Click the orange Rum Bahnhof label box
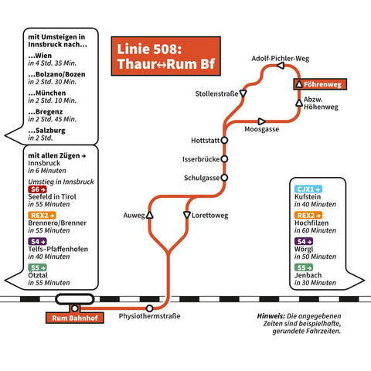click(75, 318)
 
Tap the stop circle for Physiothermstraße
click(149, 308)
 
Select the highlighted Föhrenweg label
click(320, 84)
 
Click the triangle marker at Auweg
click(149, 215)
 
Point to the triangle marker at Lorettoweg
click(187, 215)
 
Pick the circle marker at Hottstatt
click(224, 141)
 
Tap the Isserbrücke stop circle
click(224, 159)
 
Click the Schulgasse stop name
click(202, 178)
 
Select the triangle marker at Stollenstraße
click(243, 94)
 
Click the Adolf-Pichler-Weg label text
click(281, 59)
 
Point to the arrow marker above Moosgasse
click(261, 121)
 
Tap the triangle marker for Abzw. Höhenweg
click(299, 103)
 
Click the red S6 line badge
click(37, 189)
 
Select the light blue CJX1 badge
click(308, 189)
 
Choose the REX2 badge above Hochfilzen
click(308, 216)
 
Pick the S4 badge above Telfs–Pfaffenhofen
click(37, 241)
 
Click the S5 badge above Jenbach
click(304, 267)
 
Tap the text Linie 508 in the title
click(149, 49)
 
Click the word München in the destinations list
click(50, 93)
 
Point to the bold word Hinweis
click(271, 316)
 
